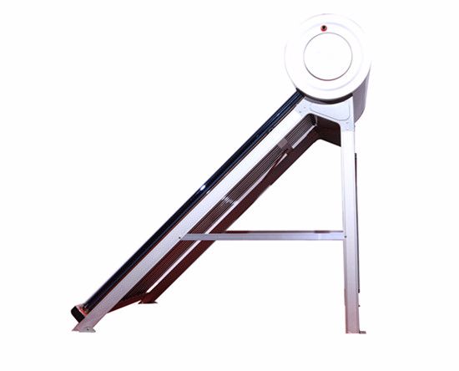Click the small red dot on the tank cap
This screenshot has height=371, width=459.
click(x=325, y=28)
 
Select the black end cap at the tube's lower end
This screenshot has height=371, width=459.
click(x=78, y=314)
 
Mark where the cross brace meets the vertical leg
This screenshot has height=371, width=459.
click(x=344, y=236)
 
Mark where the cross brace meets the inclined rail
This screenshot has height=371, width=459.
click(x=185, y=236)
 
